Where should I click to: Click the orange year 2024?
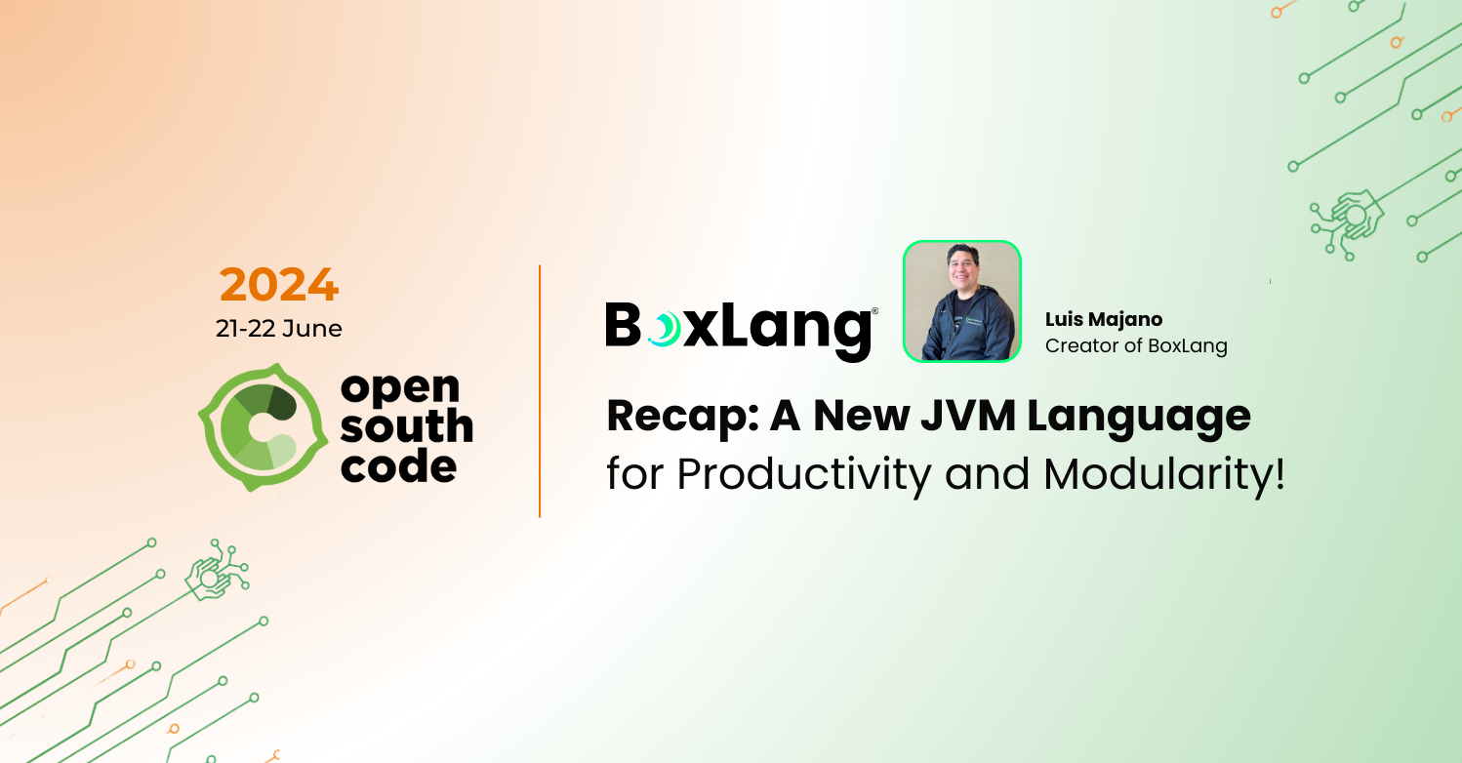pos(279,285)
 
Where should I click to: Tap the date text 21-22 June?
pos(279,329)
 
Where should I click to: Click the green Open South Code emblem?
pos(261,427)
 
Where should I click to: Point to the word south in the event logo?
pos(407,426)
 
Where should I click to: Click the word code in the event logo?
pos(399,465)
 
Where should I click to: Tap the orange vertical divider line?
pos(540,390)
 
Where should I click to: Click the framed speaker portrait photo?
pos(961,301)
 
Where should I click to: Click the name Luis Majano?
pos(1104,319)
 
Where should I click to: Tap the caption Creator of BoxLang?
pos(1136,345)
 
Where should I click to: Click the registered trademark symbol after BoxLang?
pos(874,310)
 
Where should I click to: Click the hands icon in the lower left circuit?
pos(210,578)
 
